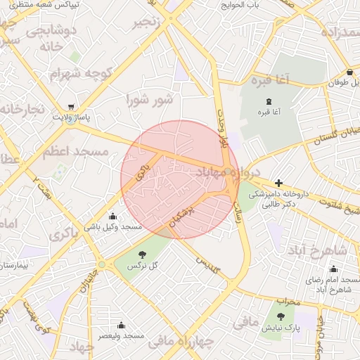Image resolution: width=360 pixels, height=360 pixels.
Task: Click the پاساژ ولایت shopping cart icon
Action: (x=71, y=107)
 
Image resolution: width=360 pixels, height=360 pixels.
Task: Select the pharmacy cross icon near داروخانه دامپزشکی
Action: (x=278, y=183)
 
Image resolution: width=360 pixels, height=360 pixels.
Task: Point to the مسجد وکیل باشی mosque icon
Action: (x=112, y=216)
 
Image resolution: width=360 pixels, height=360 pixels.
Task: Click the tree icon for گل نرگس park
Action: (x=143, y=255)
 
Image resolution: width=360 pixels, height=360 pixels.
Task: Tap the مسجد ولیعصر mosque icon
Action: (x=121, y=325)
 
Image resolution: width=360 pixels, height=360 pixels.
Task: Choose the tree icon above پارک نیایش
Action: (x=281, y=316)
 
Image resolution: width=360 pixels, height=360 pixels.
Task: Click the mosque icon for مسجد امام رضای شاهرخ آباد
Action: (x=333, y=269)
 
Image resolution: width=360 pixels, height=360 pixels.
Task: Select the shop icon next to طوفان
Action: (x=349, y=72)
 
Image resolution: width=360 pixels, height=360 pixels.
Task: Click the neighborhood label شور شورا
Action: (x=149, y=99)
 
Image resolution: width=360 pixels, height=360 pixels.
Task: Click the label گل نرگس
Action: (x=143, y=266)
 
